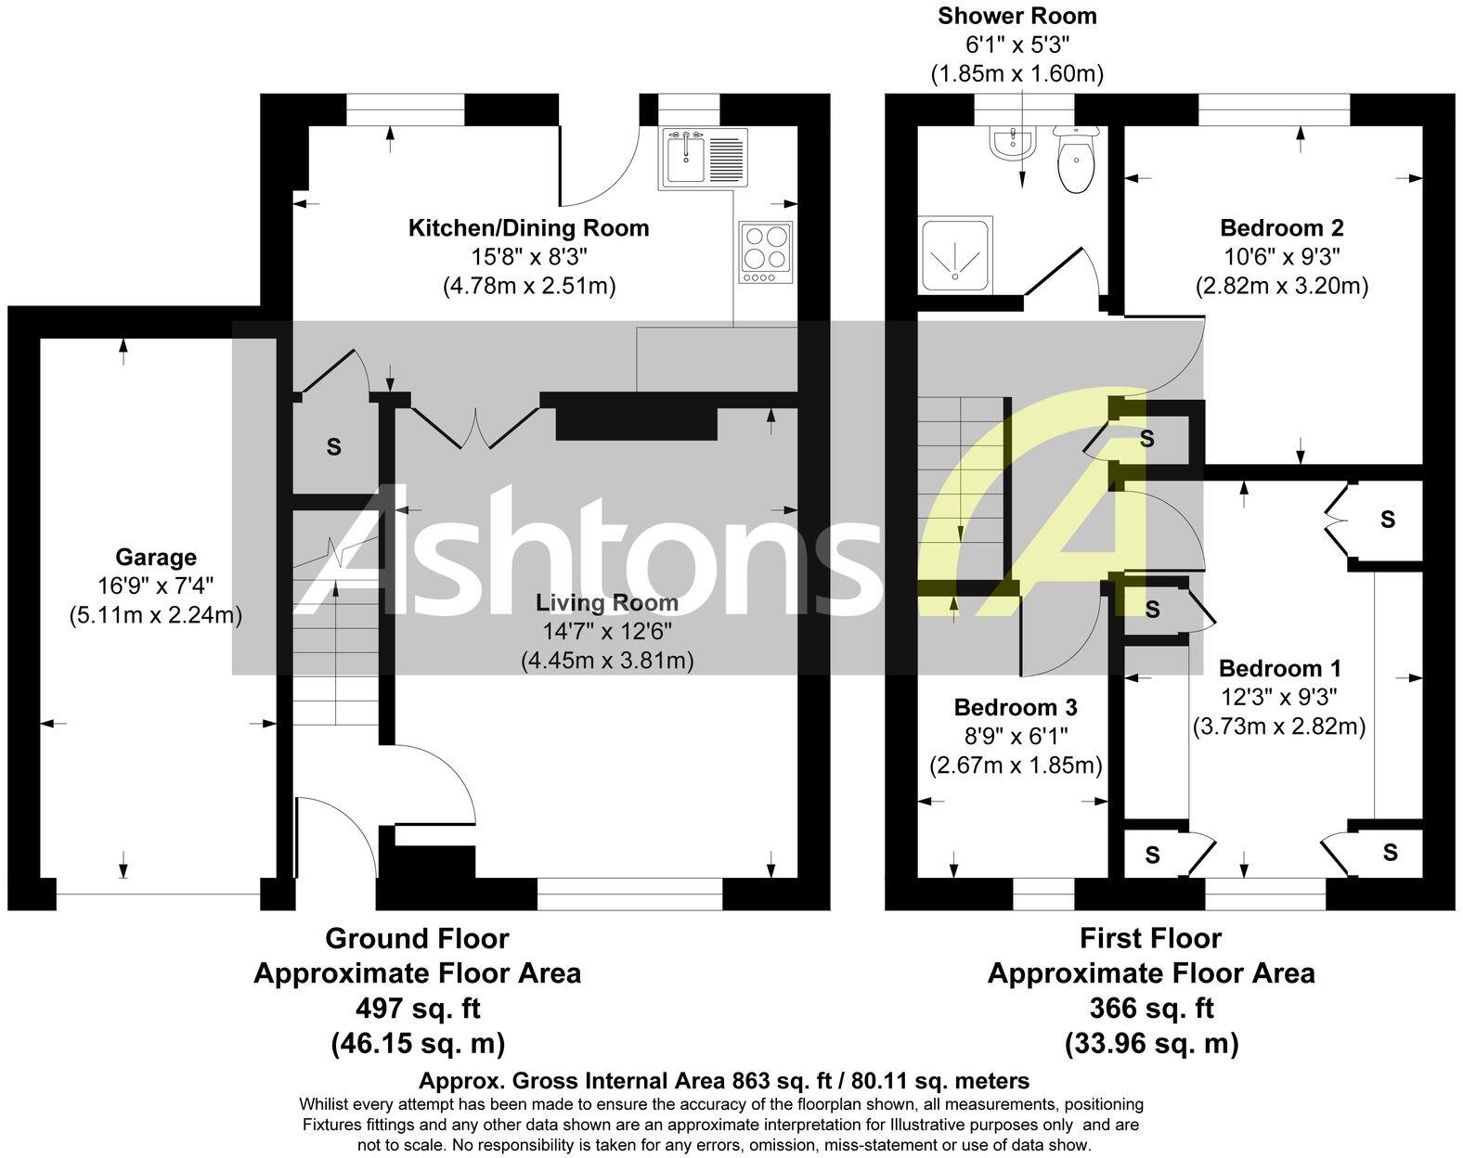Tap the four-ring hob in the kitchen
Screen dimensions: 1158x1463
click(x=766, y=252)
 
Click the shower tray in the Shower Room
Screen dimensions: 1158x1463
click(x=954, y=255)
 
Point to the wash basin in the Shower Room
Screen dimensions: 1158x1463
click(x=1012, y=144)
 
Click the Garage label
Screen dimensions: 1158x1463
click(x=156, y=558)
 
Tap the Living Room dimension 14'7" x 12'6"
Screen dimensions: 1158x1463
click(x=607, y=632)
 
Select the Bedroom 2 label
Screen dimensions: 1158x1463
click(x=1281, y=228)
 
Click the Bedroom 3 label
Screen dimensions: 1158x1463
click(x=1016, y=708)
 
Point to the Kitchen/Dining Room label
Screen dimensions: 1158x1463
click(x=529, y=228)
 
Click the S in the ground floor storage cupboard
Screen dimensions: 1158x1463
click(x=333, y=447)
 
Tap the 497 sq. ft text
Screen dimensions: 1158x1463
click(x=418, y=1009)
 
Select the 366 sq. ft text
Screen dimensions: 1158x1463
click(x=1151, y=1009)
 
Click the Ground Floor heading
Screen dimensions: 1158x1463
click(x=417, y=939)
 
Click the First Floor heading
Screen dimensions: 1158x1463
click(x=1150, y=939)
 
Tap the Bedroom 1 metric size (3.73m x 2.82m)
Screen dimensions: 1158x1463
click(x=1279, y=727)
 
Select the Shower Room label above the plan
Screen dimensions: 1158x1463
click(x=1016, y=16)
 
